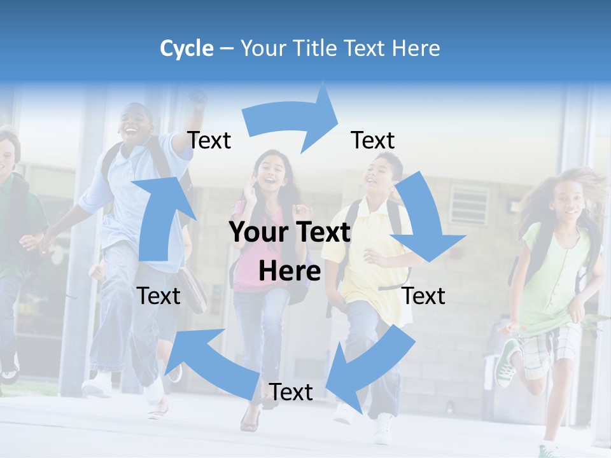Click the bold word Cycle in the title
coord(186,48)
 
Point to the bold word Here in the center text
coord(290,271)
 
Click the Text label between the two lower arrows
coord(291,392)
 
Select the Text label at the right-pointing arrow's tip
coord(373,140)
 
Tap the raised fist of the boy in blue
coord(199,99)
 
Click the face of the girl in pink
coord(272,170)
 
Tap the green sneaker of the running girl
coord(508,363)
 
